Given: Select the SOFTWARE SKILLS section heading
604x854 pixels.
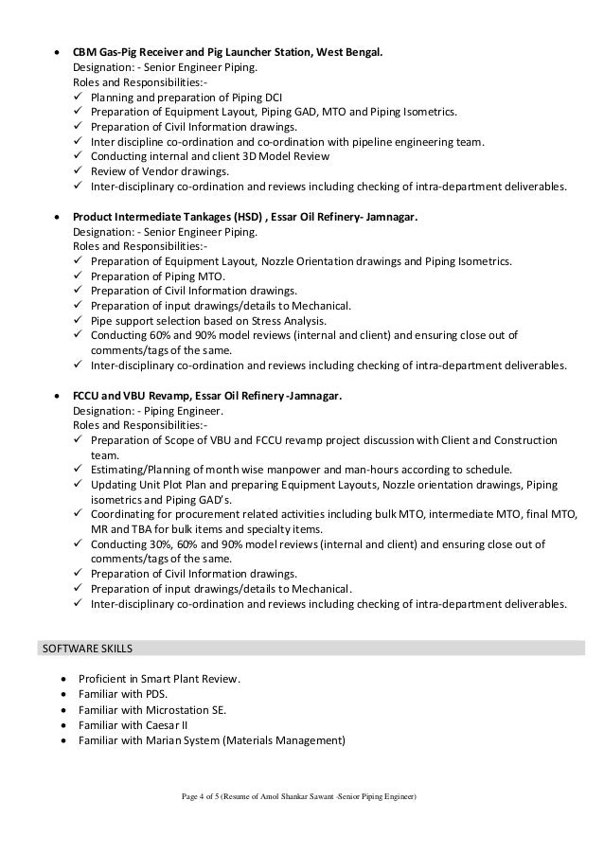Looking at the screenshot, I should (84, 649).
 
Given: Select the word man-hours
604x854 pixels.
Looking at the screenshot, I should (341, 469).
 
